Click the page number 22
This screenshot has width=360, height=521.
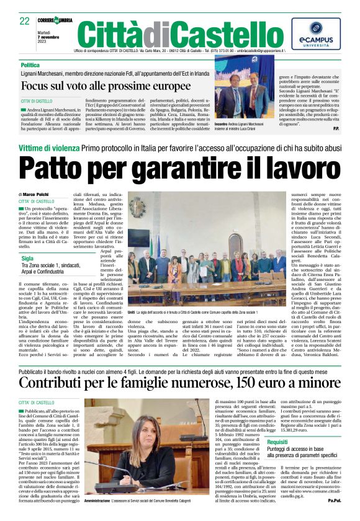[x=24, y=21]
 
